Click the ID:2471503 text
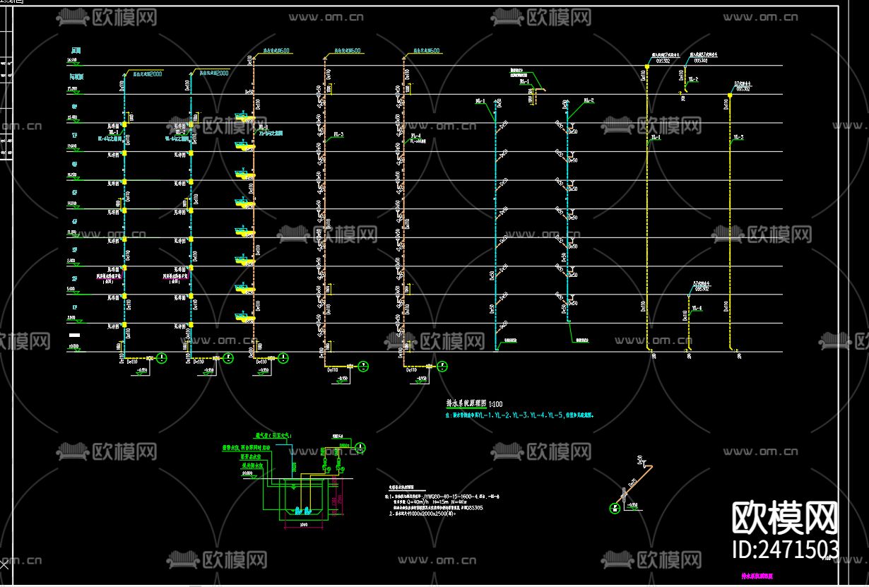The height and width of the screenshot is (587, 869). tap(784, 549)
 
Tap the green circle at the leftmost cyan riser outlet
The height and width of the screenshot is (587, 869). tap(162, 359)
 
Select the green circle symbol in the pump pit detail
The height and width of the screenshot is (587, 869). tap(360, 448)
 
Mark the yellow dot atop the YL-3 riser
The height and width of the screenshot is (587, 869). tap(729, 95)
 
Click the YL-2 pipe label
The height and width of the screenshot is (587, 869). tap(693, 79)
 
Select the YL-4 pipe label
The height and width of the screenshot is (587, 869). tap(697, 308)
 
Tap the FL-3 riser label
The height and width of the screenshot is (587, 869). tap(338, 134)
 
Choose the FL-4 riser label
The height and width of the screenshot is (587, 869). tap(415, 136)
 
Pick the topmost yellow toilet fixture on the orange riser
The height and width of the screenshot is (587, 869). tap(244, 119)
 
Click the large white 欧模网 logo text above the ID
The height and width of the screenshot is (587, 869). tap(784, 518)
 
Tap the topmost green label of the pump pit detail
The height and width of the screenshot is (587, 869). tap(272, 437)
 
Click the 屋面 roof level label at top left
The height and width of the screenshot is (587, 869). tap(76, 51)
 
